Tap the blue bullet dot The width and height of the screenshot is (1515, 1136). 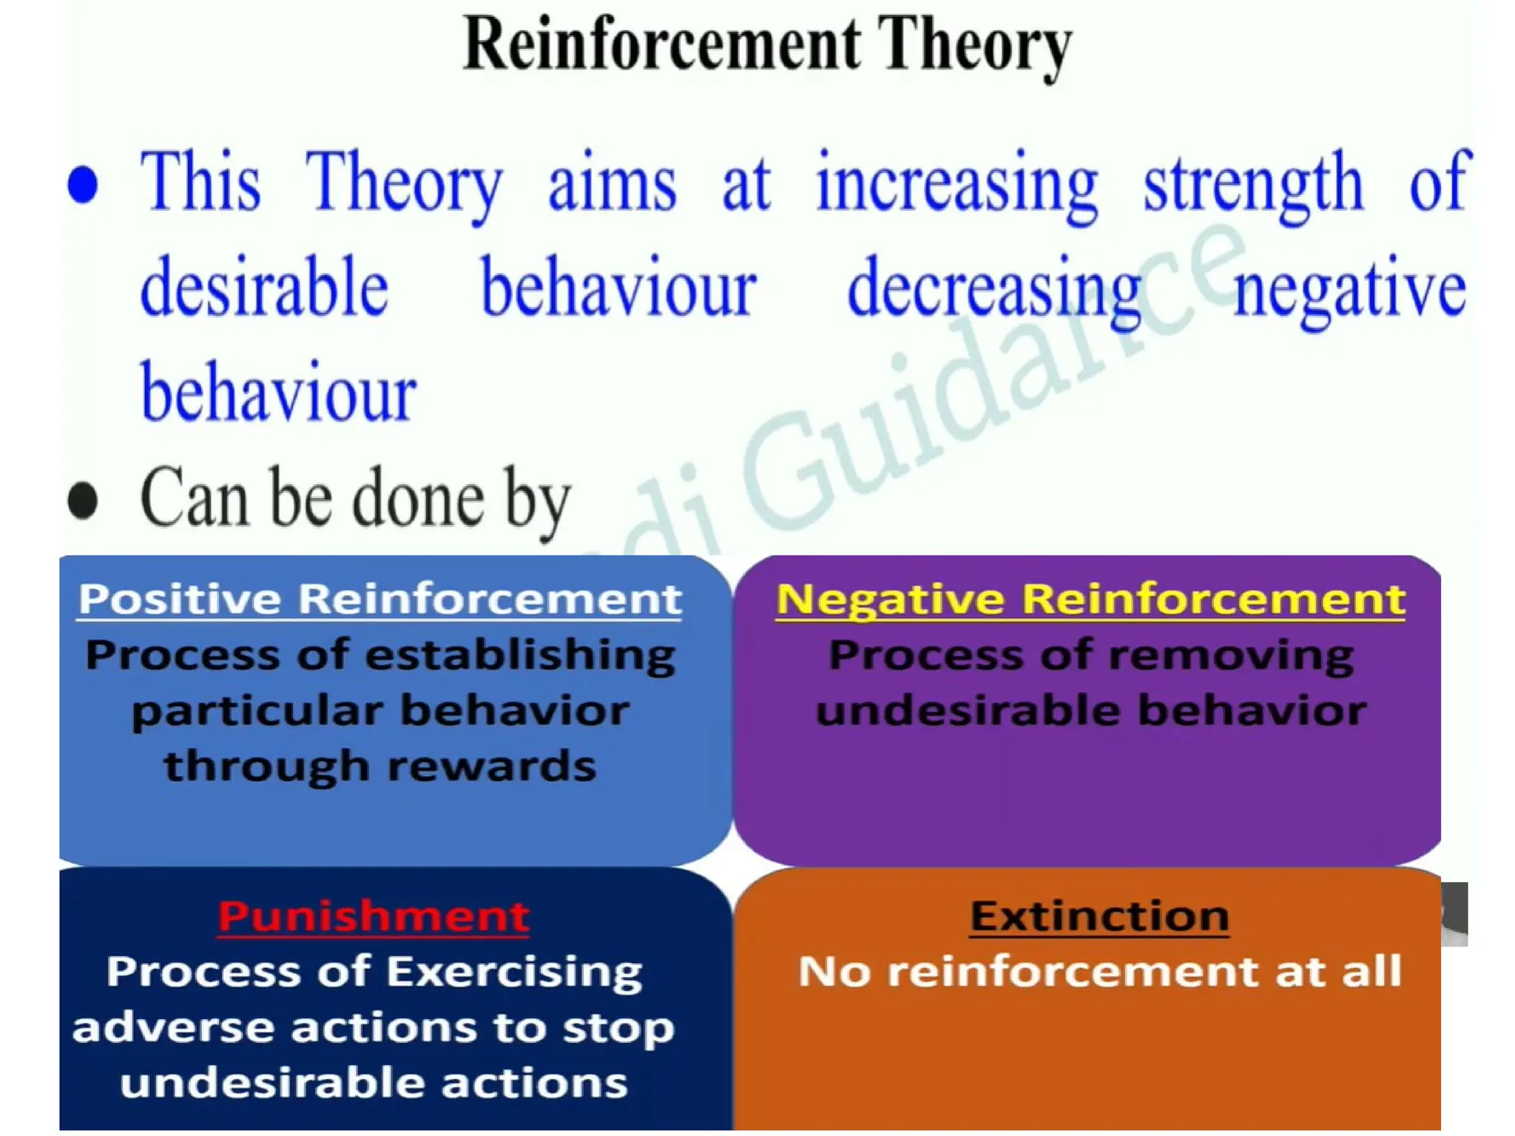tap(82, 184)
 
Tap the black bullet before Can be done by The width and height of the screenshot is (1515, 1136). tap(82, 500)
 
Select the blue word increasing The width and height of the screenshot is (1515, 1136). tap(956, 184)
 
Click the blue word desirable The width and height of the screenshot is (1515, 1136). tap(264, 288)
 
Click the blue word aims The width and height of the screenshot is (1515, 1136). tap(612, 184)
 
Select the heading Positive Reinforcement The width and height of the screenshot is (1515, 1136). tap(379, 598)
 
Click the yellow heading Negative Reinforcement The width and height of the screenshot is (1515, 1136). tap(1090, 598)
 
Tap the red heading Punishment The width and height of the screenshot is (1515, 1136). tap(374, 916)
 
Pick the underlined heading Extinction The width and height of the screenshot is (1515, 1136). tap(1099, 916)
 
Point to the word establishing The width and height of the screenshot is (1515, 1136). tap(520, 655)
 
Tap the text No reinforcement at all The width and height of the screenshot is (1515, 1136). tap(1099, 972)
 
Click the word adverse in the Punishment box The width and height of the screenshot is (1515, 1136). tap(173, 1028)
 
